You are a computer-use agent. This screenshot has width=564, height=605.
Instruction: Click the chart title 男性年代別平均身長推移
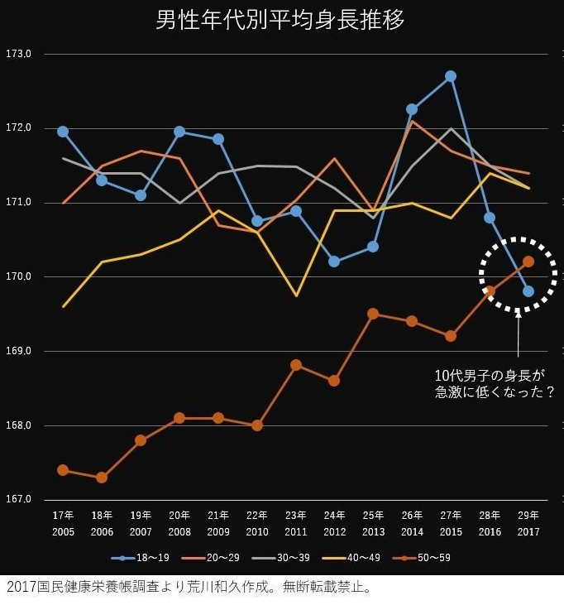coord(280,20)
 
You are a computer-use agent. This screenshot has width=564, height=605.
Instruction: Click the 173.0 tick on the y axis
coord(18,55)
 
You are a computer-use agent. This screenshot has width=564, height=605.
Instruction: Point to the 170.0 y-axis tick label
coord(18,276)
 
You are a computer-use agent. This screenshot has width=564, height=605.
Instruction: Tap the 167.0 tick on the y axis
coord(18,499)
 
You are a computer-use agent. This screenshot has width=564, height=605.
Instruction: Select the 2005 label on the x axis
coord(63,531)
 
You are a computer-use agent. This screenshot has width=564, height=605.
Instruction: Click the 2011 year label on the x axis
coord(296,531)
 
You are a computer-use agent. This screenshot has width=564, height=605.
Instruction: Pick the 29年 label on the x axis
coord(528,516)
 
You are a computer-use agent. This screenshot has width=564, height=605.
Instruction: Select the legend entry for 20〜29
coord(217,558)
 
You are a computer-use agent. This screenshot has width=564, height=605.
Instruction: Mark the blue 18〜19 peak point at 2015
coord(451,76)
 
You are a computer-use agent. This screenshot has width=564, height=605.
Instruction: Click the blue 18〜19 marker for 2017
coord(528,291)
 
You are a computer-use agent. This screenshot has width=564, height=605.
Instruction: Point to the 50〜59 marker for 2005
coord(63,470)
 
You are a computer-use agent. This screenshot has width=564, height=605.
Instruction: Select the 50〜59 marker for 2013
coord(373,314)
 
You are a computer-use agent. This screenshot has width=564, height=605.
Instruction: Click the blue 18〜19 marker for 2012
coord(334,262)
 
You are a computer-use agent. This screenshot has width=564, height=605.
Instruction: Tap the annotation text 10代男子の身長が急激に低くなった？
coord(495,383)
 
